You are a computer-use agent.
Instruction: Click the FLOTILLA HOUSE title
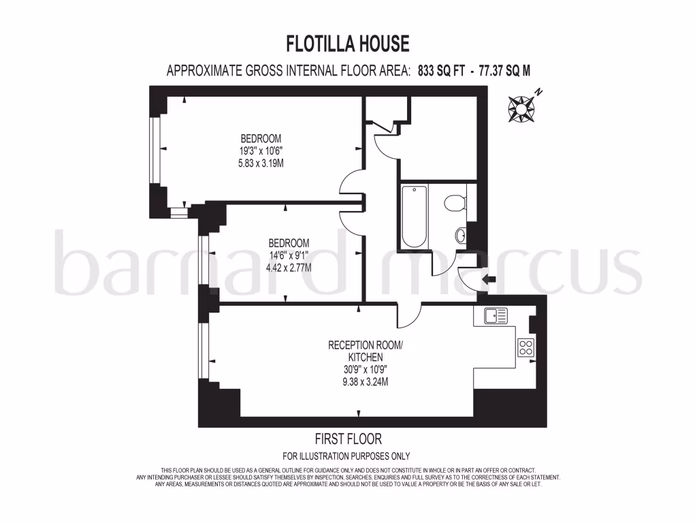(348, 44)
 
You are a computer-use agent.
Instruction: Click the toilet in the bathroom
(455, 202)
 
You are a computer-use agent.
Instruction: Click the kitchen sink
(496, 315)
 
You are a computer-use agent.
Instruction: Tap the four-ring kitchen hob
(526, 347)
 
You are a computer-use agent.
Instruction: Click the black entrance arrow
(488, 279)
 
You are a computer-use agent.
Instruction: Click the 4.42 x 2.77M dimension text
(289, 268)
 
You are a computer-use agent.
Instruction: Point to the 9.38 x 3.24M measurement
(366, 382)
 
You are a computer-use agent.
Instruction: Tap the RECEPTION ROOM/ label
(366, 345)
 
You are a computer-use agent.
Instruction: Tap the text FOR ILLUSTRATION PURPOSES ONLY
(346, 456)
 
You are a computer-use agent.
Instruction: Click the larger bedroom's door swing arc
(352, 184)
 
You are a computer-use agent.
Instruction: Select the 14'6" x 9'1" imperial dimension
(289, 255)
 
